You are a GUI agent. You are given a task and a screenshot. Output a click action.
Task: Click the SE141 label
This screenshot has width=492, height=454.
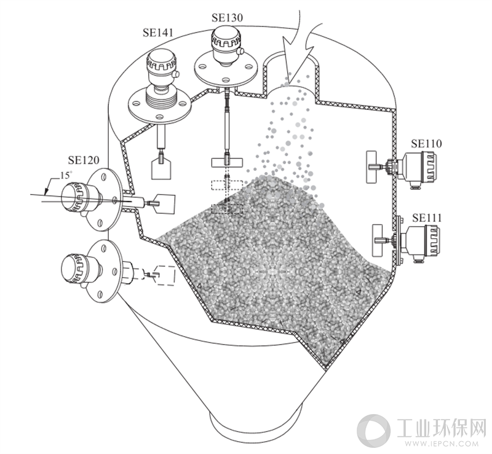point(158,33)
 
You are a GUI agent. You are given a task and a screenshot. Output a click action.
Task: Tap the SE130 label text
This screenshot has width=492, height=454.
point(227,18)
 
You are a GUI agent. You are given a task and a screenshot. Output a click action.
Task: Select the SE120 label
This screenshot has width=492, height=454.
point(84,160)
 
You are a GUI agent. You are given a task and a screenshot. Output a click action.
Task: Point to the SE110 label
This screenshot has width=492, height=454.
point(426,144)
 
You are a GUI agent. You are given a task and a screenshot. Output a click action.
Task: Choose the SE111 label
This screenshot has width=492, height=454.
point(427,217)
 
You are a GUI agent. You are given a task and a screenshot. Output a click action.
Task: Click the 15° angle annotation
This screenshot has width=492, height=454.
point(65,175)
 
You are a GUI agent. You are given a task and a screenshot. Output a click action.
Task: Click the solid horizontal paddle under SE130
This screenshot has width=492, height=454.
point(227,162)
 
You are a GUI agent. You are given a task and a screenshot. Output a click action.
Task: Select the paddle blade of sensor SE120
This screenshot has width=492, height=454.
point(165,204)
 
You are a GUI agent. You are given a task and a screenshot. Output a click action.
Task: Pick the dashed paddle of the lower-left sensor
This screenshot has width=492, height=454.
point(166,275)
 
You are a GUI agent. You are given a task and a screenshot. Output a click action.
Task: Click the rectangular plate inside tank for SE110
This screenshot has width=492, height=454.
point(371,166)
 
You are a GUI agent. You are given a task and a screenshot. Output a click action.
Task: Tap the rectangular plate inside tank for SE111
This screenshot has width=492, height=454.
point(376,240)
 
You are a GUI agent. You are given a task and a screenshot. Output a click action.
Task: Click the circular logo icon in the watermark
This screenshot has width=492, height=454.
point(374,431)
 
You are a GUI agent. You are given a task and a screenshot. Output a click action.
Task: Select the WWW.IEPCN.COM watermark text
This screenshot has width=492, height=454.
point(442,444)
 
